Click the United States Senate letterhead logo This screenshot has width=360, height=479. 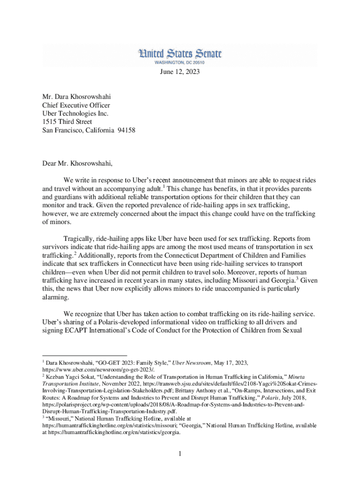[x=180, y=54]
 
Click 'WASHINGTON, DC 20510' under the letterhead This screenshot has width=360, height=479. [x=180, y=62]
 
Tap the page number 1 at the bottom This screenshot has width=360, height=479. [x=180, y=454]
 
